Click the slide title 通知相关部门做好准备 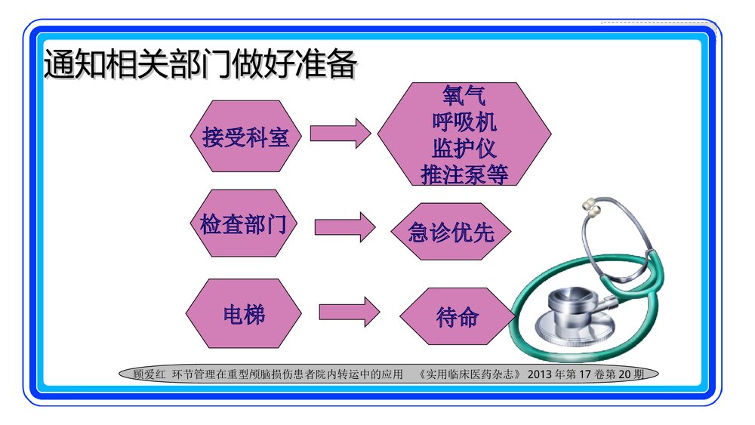pyautogui.click(x=200, y=66)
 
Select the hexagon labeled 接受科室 pyautogui.click(x=246, y=137)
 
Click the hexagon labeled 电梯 pyautogui.click(x=244, y=313)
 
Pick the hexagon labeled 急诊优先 pyautogui.click(x=451, y=232)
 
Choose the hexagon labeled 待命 pyautogui.click(x=457, y=316)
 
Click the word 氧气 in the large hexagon pyautogui.click(x=464, y=96)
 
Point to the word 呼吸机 pyautogui.click(x=464, y=122)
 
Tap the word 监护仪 pyautogui.click(x=464, y=147)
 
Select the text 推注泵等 pyautogui.click(x=464, y=174)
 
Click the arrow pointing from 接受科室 pyautogui.click(x=340, y=134)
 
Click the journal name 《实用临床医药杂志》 pyautogui.click(x=468, y=374)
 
